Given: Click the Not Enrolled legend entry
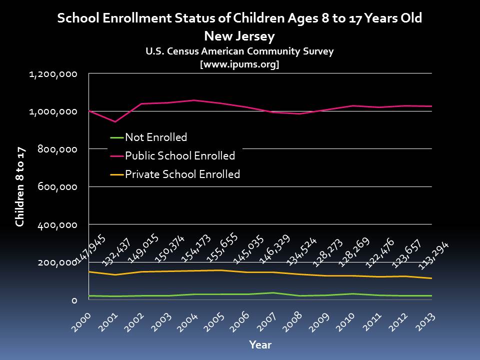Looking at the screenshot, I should point(156,137).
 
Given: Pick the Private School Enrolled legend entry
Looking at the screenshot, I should point(182,174).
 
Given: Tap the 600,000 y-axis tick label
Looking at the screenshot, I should point(58,187).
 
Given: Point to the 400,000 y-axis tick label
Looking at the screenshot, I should point(58,225).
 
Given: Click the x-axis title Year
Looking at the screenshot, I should point(260,345).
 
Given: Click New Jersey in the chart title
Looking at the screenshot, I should point(239,36).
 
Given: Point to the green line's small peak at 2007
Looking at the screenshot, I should point(272,292).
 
